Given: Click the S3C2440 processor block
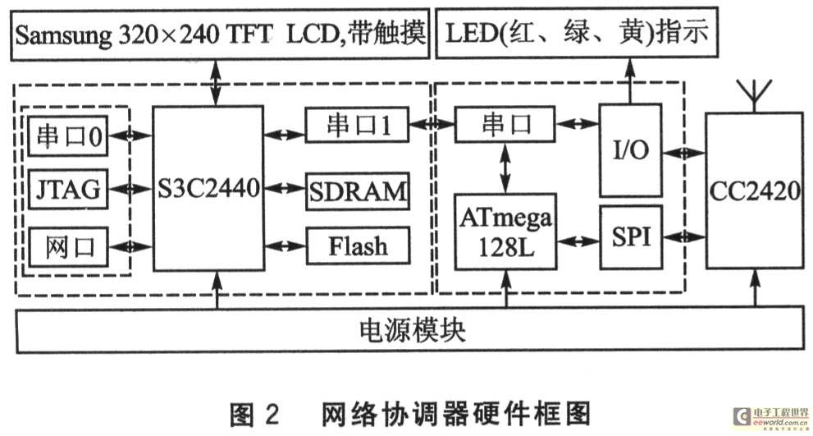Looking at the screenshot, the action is (208, 188).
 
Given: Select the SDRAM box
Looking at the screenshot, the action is (358, 191).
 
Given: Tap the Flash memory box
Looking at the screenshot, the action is (359, 246).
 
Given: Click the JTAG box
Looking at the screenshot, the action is (68, 189).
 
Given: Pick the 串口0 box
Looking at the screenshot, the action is (68, 136).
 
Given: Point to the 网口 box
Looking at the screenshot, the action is (68, 247).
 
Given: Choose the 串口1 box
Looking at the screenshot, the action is (357, 124).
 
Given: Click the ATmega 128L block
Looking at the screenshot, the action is (505, 232).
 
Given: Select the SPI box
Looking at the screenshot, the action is (631, 237).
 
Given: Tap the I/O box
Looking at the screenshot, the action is (631, 150).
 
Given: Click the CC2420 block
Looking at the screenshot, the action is (755, 190).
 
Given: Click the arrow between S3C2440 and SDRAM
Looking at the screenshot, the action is (285, 188).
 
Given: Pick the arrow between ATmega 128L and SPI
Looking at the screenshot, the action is (578, 241).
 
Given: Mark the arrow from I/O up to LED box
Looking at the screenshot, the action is (631, 81).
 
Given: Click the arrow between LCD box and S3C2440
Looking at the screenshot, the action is (216, 83).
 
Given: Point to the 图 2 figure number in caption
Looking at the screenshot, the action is (254, 413).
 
